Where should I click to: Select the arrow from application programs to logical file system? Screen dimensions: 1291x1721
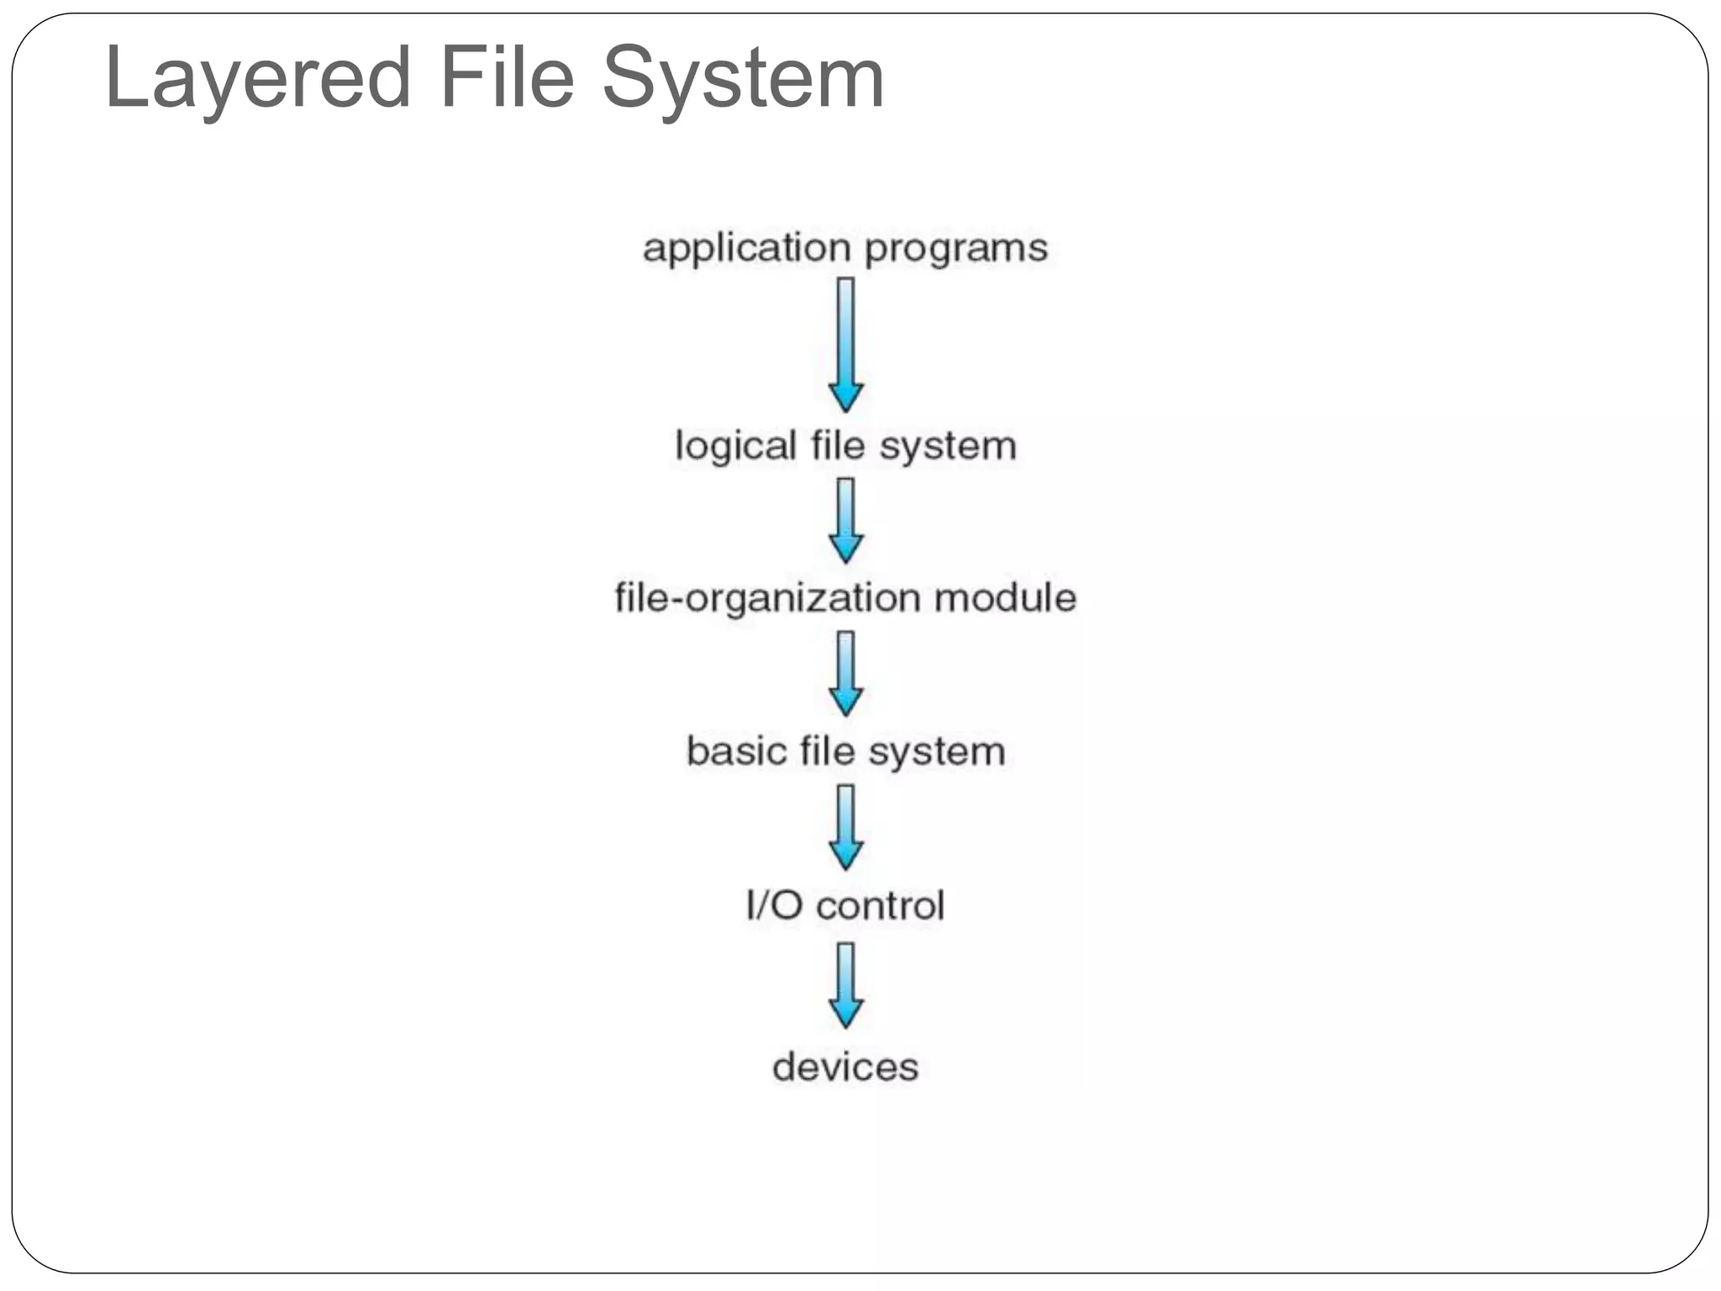[x=846, y=345]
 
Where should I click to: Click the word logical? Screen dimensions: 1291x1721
[x=735, y=446]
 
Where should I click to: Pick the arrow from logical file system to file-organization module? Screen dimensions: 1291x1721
[x=846, y=520]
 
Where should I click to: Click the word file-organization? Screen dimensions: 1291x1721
[x=767, y=598]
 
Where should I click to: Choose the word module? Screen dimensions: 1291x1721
[x=1005, y=598]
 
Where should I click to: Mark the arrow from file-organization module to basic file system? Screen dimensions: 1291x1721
[x=846, y=673]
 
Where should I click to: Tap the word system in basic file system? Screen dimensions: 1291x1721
[x=937, y=751]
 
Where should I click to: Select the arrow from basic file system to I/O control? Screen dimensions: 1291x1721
[x=846, y=827]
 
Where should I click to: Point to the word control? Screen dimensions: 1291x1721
[x=880, y=905]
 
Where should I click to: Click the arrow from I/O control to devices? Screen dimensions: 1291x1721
[x=846, y=984]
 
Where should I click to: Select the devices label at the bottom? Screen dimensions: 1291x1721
[x=845, y=1067]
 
